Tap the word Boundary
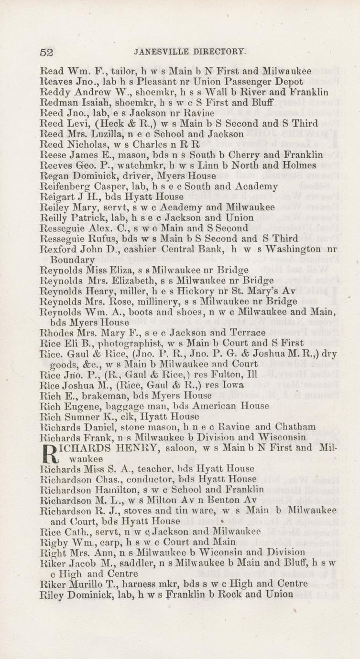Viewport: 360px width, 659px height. click(71, 259)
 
